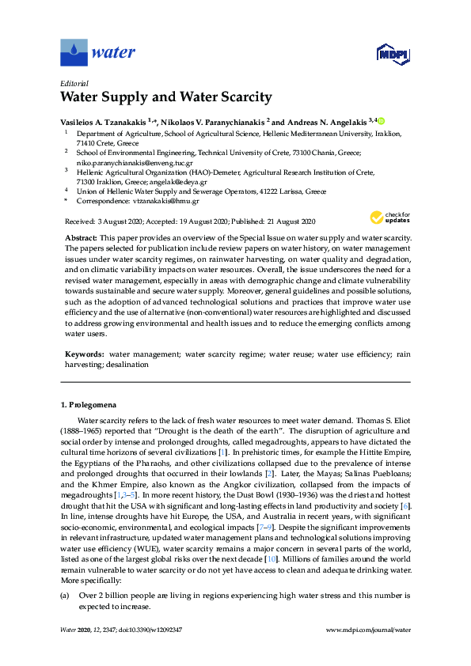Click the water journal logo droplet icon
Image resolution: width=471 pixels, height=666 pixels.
click(x=74, y=53)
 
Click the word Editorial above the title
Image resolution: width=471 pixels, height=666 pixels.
click(x=74, y=82)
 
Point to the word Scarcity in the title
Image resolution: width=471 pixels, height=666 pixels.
click(x=239, y=98)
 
